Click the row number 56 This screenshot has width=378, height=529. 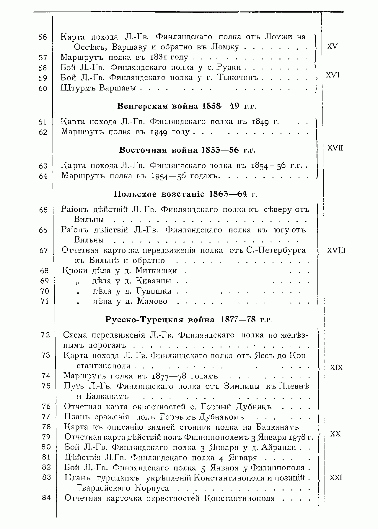tap(43, 37)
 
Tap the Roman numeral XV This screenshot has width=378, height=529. tap(333, 46)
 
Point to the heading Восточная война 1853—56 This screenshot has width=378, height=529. tap(187, 150)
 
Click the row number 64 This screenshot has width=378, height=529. tap(43, 176)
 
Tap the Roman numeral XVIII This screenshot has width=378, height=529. tap(336, 251)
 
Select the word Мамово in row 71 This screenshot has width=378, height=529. tap(152, 301)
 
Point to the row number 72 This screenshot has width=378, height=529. tap(46, 335)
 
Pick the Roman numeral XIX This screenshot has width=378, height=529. tap(336, 368)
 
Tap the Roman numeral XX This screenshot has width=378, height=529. tap(335, 434)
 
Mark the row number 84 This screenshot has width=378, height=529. tap(46, 498)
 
